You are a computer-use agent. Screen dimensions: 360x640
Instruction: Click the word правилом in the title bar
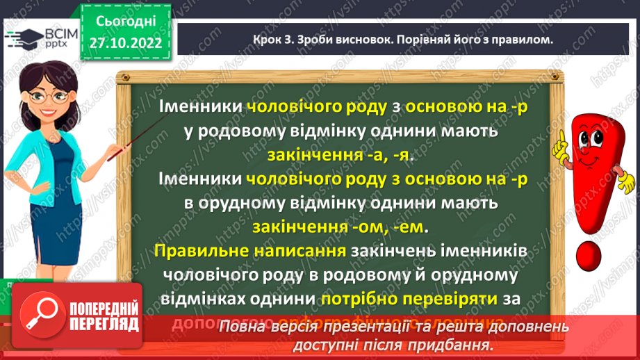519,40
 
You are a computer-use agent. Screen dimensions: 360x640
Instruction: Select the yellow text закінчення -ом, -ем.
340,227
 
